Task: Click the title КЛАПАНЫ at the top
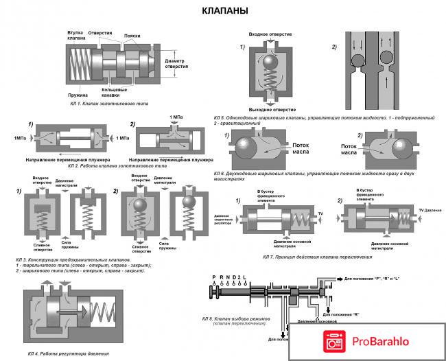click(x=224, y=11)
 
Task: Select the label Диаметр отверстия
click(x=180, y=62)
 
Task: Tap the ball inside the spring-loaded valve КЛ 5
click(x=273, y=67)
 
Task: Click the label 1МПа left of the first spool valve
click(x=19, y=139)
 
